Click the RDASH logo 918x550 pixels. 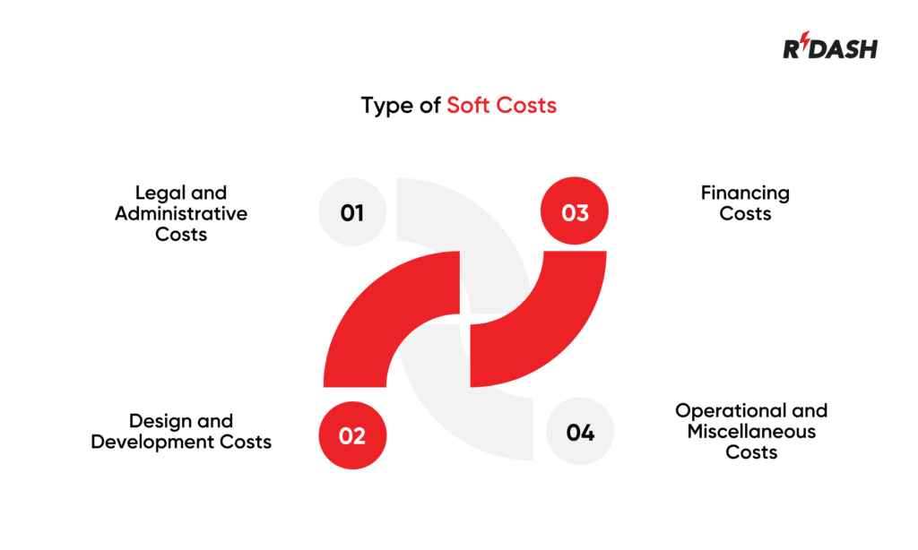coord(830,47)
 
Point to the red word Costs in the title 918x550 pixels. coord(524,105)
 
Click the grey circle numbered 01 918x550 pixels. coord(352,212)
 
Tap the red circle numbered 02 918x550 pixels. coord(352,435)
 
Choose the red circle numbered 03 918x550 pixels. coord(575,212)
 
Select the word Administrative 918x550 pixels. coord(180,214)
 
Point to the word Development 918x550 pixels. coord(158,441)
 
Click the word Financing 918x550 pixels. coord(745,193)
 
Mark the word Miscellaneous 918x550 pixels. coord(751,431)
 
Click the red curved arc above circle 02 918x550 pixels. coord(377,305)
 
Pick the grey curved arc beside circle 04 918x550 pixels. coord(448,403)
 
